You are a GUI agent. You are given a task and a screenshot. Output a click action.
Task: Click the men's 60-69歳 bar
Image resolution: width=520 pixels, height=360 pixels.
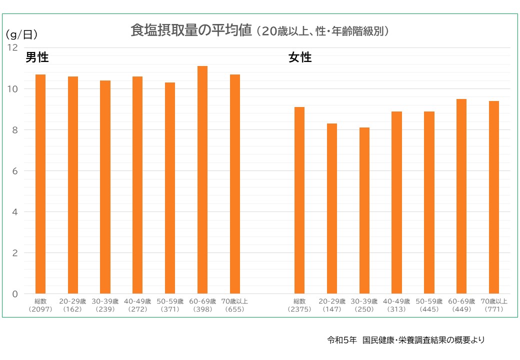202,180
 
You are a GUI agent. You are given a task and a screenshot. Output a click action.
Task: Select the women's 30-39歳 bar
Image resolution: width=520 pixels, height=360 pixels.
364,210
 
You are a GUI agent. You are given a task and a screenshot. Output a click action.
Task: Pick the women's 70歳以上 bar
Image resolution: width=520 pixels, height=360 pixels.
494,197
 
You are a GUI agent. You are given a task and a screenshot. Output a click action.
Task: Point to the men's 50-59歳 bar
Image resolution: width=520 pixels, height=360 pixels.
170,188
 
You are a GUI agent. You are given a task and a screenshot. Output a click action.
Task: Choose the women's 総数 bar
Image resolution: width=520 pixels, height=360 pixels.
299,200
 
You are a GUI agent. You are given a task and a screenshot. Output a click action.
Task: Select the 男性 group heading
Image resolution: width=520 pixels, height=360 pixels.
37,57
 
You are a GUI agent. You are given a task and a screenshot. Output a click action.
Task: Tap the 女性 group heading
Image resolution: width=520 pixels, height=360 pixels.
300,57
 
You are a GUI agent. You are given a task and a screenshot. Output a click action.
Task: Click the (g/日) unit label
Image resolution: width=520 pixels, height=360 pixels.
21,34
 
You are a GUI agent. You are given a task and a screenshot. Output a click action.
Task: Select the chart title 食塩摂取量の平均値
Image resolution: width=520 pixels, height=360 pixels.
190,30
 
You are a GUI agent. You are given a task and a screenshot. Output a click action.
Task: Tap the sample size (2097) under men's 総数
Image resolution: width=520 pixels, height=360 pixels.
40,309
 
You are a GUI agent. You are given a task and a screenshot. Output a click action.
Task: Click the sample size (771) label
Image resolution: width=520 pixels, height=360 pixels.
494,309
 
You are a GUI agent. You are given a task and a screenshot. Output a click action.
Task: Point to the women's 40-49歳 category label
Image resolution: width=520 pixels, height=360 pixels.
396,301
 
